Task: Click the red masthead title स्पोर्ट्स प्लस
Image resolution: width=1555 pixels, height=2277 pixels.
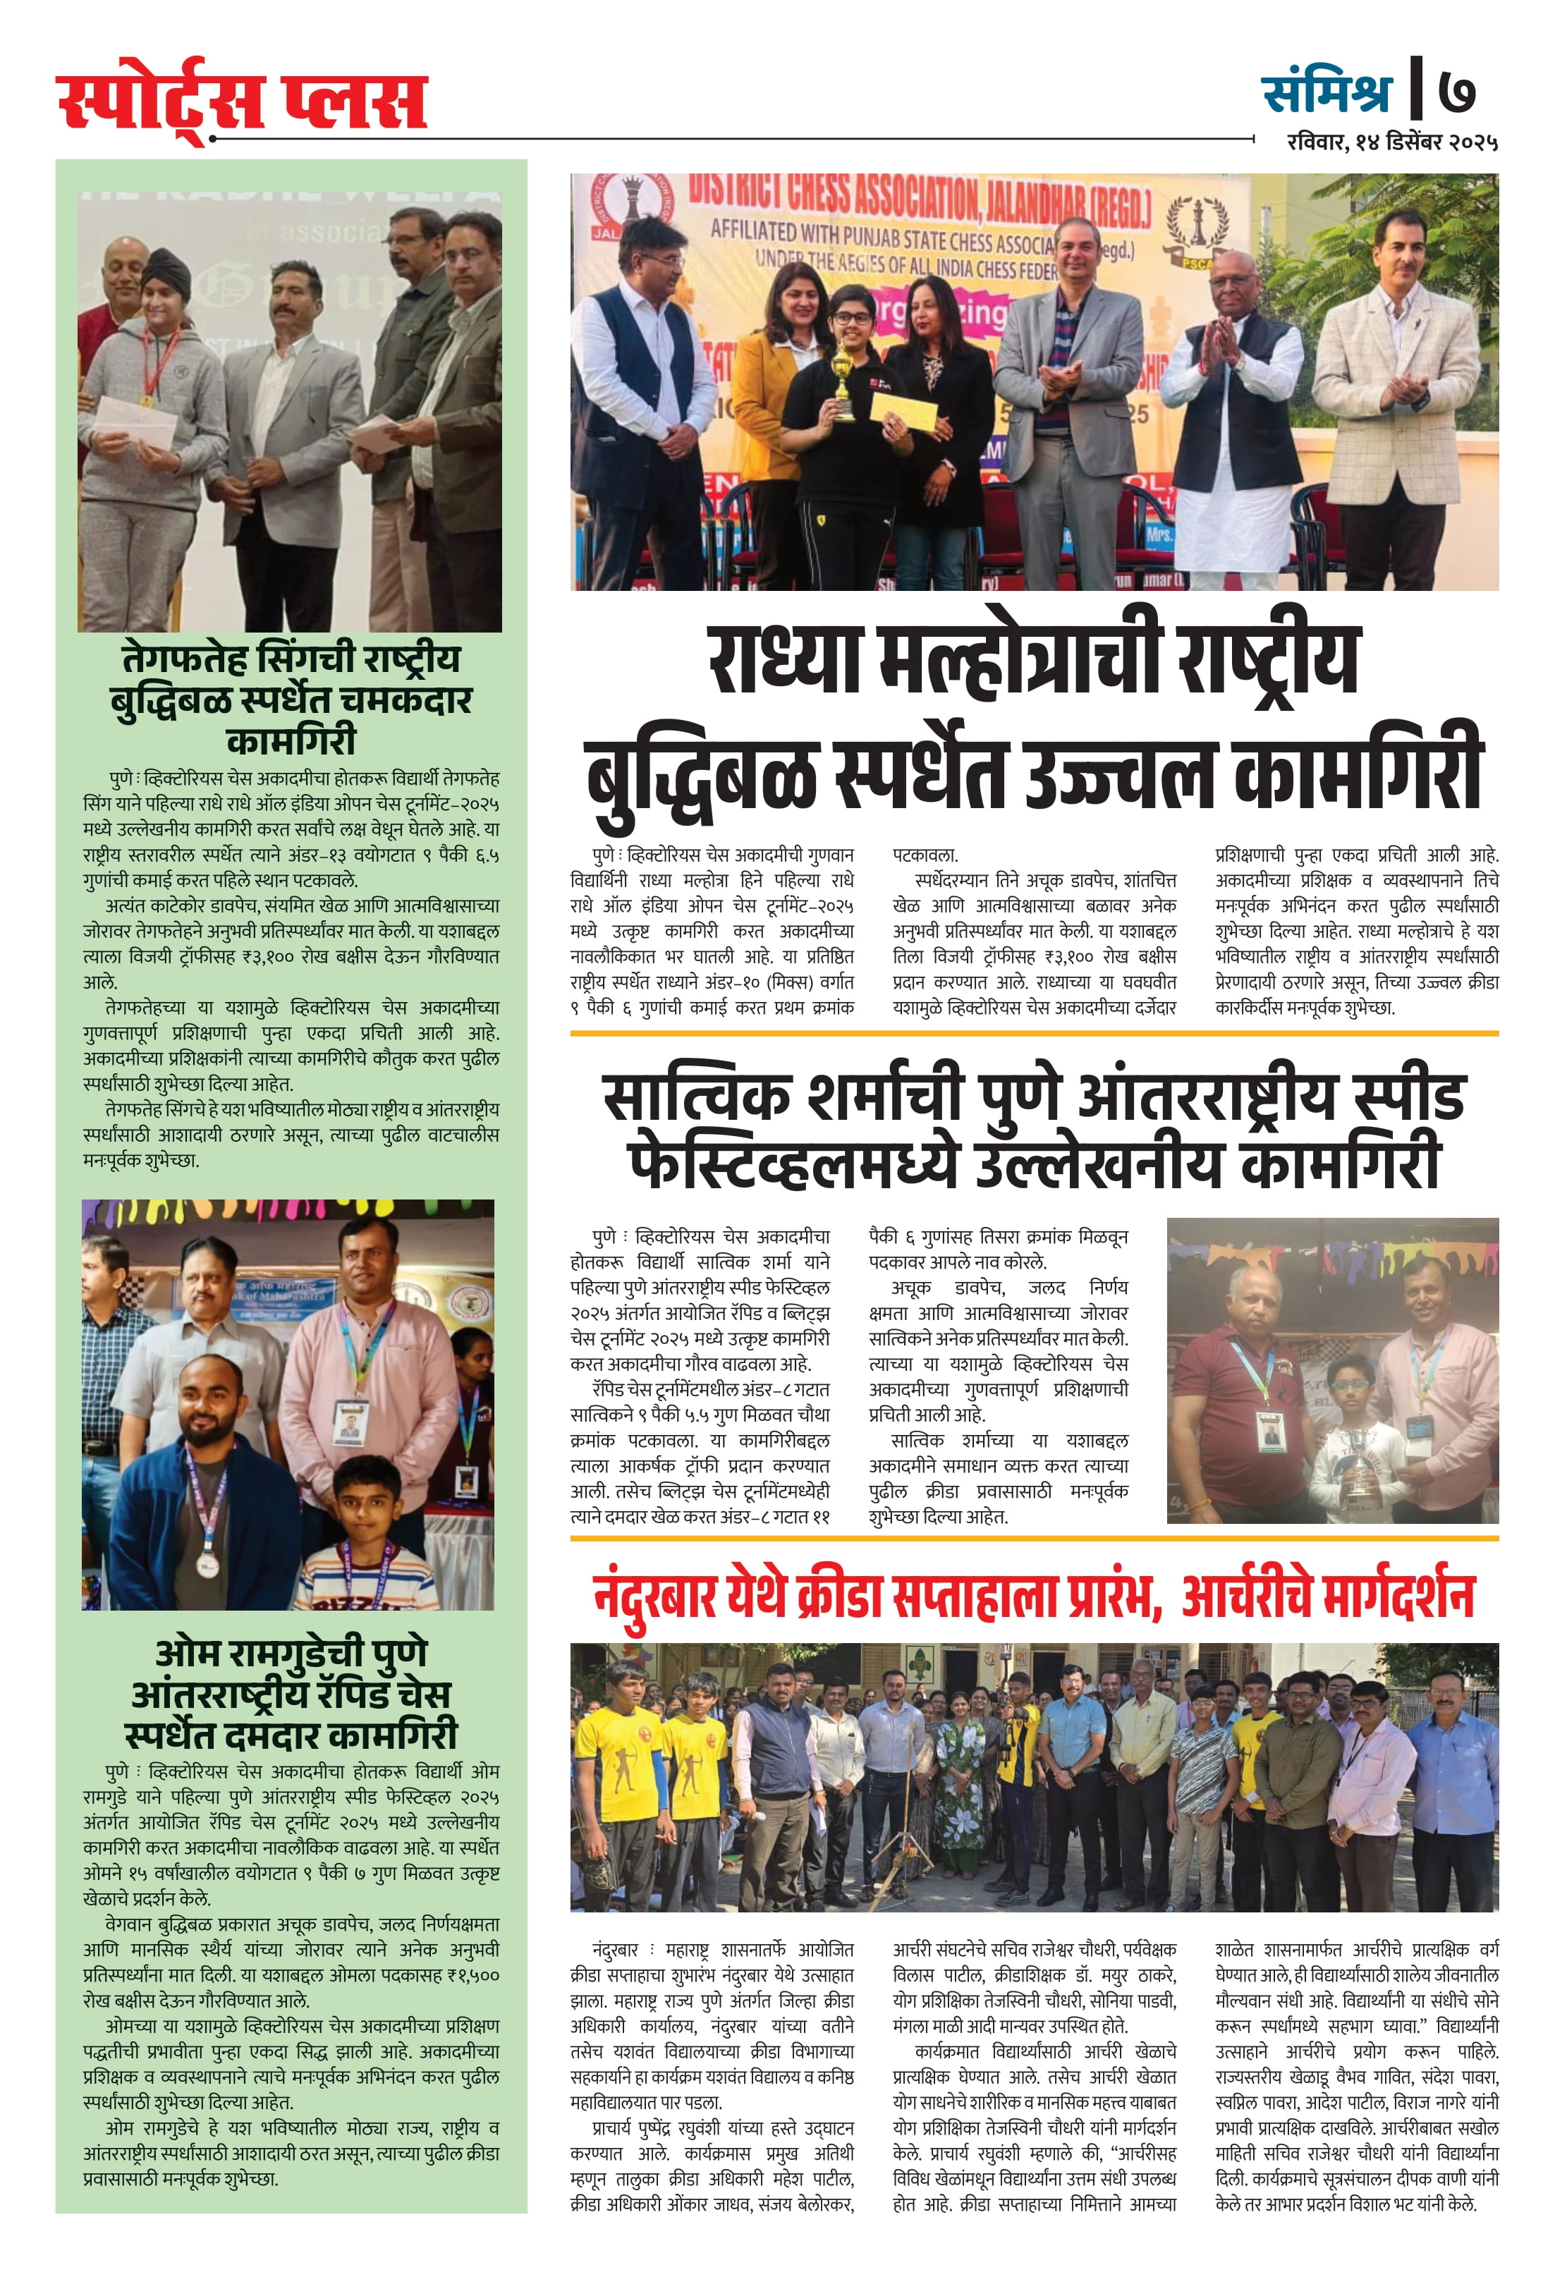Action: (x=242, y=100)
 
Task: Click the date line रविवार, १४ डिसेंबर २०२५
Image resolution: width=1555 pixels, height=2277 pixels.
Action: (x=1391, y=143)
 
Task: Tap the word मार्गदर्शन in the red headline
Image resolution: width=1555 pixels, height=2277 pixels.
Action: (x=1396, y=1597)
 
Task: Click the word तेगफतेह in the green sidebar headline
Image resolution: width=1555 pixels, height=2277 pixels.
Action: (x=184, y=659)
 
